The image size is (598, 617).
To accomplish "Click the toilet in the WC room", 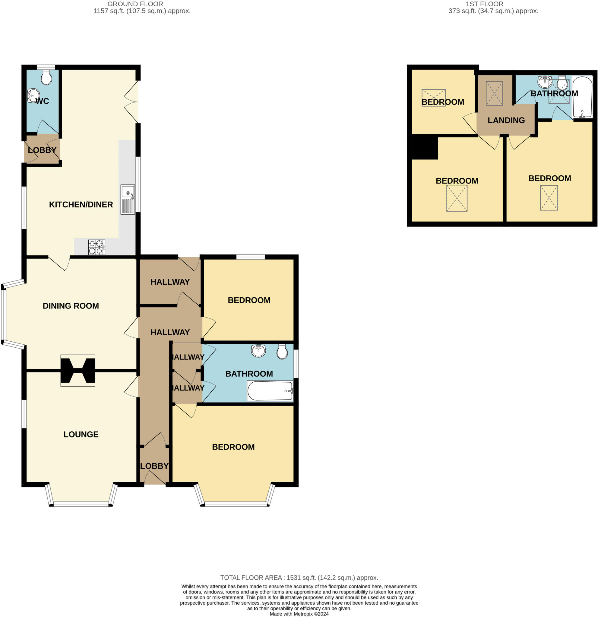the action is (x=46, y=77).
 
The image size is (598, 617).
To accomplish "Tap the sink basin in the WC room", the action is (x=33, y=96).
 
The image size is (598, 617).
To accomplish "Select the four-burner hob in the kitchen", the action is (x=97, y=247).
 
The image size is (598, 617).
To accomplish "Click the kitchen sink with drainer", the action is (x=128, y=199).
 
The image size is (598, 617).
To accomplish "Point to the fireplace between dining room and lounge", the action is (x=78, y=371).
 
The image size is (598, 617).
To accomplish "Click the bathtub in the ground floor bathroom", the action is (x=270, y=391).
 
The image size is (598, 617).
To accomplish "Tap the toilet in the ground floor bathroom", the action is (x=282, y=352).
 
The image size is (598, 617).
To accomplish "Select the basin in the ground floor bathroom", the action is (x=258, y=351).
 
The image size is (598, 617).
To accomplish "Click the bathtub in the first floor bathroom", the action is (x=582, y=97).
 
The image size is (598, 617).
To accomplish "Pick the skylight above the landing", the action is (x=494, y=93).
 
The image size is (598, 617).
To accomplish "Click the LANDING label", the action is (x=506, y=120).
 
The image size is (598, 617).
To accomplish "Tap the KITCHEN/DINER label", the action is (x=81, y=205).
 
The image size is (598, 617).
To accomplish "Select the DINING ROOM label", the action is (x=71, y=306).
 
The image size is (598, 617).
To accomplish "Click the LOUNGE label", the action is (x=81, y=434).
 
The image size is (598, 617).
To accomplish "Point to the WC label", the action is (x=42, y=101).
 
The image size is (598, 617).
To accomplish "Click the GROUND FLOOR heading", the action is (x=135, y=4).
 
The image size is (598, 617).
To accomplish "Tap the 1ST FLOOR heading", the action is (x=484, y=4).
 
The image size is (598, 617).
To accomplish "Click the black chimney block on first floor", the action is (x=425, y=147).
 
